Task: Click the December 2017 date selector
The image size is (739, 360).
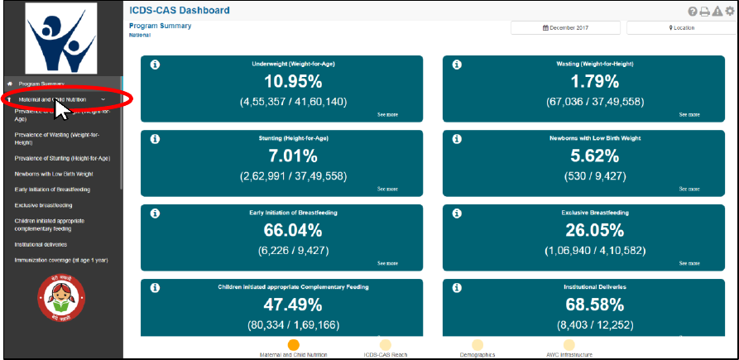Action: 565,27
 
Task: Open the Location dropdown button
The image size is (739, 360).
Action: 681,27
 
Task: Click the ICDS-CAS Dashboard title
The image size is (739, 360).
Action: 180,11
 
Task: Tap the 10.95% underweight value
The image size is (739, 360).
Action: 293,82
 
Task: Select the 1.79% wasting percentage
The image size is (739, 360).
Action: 594,82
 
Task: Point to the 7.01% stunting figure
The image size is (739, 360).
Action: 293,156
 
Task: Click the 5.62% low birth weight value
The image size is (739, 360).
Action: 594,156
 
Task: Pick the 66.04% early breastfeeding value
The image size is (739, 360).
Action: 293,231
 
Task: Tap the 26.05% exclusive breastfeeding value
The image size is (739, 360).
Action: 594,231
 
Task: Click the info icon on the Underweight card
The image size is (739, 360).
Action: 155,65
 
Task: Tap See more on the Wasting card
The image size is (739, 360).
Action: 689,115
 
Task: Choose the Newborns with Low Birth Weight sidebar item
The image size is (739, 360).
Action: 54,174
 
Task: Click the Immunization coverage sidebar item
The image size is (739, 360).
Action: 60,260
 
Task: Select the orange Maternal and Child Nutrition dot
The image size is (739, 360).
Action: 293,345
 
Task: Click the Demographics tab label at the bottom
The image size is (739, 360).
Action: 477,355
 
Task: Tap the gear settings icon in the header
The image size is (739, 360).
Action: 729,11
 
